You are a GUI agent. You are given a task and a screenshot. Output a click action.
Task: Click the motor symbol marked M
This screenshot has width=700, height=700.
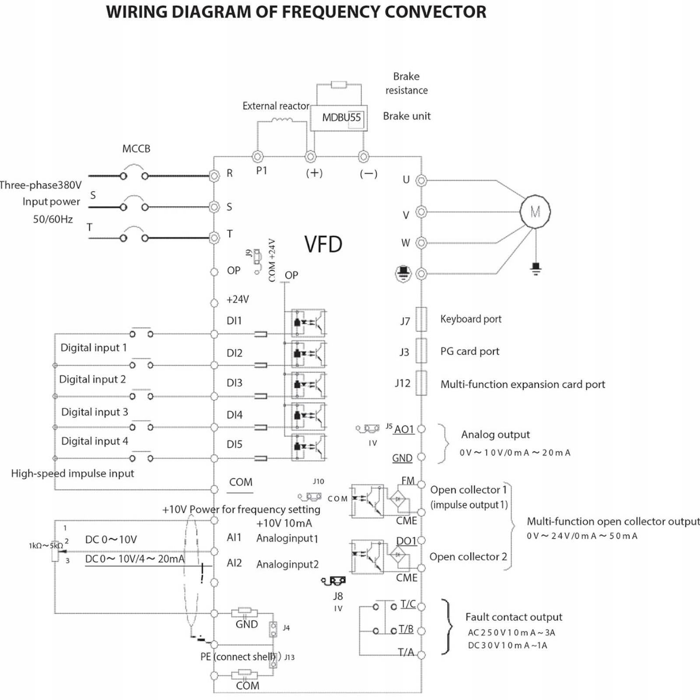pyautogui.click(x=535, y=212)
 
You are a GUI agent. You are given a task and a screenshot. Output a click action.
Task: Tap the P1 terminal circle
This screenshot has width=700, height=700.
pyautogui.click(x=258, y=157)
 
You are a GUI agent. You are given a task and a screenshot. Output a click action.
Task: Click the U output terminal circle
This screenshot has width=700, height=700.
pyautogui.click(x=421, y=180)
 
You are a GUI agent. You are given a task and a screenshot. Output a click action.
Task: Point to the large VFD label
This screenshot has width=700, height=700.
pyautogui.click(x=323, y=244)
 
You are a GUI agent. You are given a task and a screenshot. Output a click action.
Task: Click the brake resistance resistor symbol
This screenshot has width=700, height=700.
pyautogui.click(x=339, y=84)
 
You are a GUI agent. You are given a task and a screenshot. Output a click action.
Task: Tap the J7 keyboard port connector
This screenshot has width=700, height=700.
pyautogui.click(x=421, y=319)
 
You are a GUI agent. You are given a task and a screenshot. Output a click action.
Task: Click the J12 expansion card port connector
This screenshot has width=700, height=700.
pyautogui.click(x=421, y=383)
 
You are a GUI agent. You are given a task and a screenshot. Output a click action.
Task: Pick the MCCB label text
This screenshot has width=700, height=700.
pyautogui.click(x=136, y=149)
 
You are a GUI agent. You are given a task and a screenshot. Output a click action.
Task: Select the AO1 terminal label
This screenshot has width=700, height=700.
pyautogui.click(x=404, y=430)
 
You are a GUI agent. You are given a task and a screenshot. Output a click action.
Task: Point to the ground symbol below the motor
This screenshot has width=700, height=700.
pyautogui.click(x=535, y=268)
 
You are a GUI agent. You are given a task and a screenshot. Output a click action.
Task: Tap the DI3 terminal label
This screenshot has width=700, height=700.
pyautogui.click(x=234, y=383)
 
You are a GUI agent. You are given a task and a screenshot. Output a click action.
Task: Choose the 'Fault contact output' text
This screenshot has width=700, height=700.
pyautogui.click(x=514, y=617)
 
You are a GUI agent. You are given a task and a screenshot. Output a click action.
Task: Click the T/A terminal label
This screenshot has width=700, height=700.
pyautogui.click(x=406, y=652)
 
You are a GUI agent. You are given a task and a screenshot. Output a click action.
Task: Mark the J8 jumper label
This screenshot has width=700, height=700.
pyautogui.click(x=338, y=596)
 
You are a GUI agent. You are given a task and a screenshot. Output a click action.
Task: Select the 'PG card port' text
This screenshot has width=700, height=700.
pyautogui.click(x=469, y=351)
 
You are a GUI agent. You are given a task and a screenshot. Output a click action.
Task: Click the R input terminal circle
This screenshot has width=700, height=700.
pyautogui.click(x=214, y=176)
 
